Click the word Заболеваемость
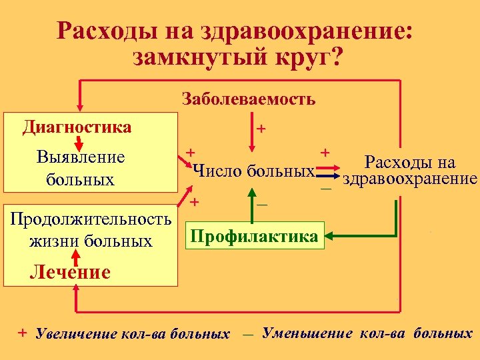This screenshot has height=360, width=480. [x=249, y=100]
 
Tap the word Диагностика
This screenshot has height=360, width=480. [x=77, y=127]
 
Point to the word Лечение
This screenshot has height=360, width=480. [x=69, y=272]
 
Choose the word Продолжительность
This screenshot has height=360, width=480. [x=89, y=218]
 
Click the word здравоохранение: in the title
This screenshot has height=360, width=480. [x=313, y=30]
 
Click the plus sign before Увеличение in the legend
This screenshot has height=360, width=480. [x=23, y=332]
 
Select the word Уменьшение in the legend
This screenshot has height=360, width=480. [x=307, y=332]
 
